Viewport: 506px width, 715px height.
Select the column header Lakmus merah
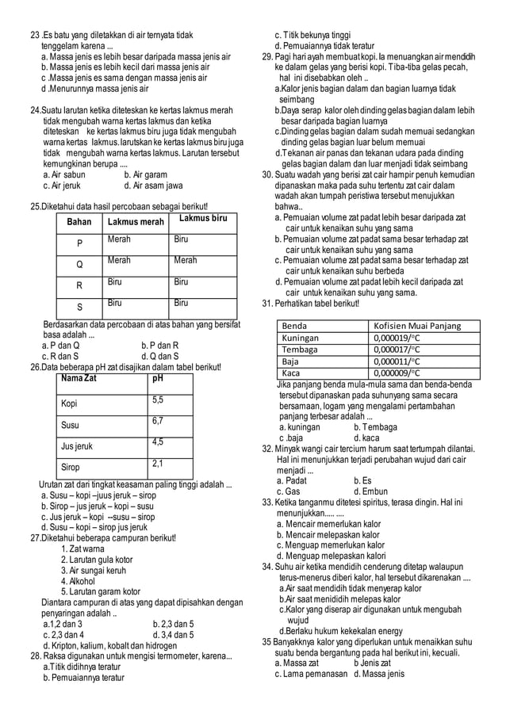(x=136, y=222)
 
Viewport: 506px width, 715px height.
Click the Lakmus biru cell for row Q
(x=186, y=260)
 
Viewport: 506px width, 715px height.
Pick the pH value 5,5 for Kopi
(x=158, y=400)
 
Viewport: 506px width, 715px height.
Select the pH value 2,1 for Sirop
(x=158, y=463)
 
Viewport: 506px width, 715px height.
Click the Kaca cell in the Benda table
(x=291, y=373)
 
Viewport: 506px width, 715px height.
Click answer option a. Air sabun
(x=63, y=174)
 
